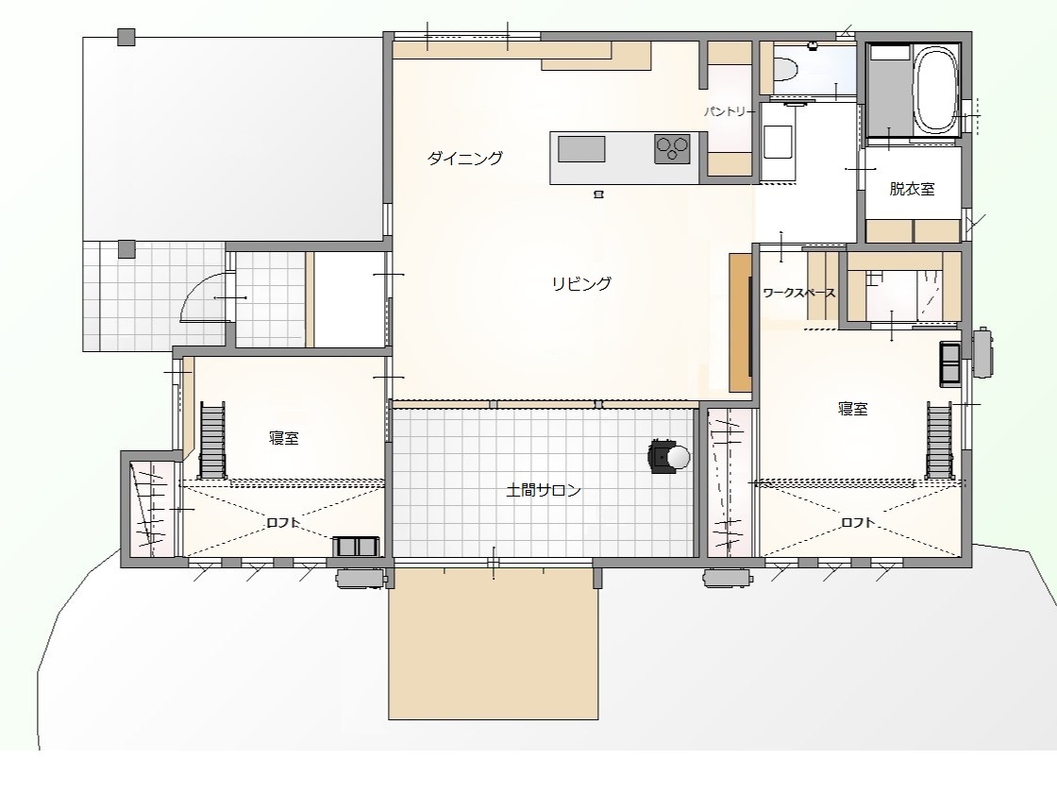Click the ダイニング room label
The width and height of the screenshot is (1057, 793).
point(465,159)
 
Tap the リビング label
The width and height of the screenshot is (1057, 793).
point(581,284)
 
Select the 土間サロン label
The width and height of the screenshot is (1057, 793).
point(544,490)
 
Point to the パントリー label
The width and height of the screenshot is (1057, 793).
point(726,111)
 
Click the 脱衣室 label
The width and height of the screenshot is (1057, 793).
point(912,189)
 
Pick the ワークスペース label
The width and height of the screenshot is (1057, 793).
point(799,294)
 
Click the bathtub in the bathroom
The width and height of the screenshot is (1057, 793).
point(936,89)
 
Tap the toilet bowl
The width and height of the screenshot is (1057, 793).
point(786,68)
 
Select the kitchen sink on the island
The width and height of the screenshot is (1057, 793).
point(581,149)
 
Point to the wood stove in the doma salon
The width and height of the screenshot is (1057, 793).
point(669,457)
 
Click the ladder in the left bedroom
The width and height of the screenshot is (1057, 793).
point(212,440)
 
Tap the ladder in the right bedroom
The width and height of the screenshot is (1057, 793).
point(939,440)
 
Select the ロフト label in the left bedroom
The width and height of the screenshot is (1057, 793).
point(283,523)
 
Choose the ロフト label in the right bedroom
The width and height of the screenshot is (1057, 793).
point(858,523)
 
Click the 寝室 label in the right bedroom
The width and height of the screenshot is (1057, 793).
point(853,409)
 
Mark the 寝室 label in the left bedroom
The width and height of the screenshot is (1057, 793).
point(284,438)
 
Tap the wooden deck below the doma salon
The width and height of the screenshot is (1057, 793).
point(494,643)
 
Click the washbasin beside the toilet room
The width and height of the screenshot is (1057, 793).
point(778,143)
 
